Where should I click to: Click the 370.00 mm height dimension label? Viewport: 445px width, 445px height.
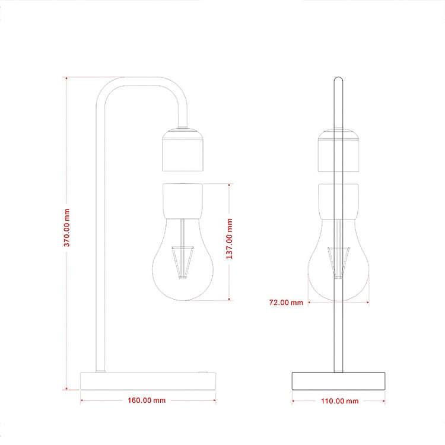(66, 228)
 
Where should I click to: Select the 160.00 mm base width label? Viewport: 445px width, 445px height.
(147, 400)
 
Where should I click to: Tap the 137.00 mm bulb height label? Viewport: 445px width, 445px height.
(229, 239)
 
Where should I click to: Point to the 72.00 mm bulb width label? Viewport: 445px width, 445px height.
(286, 303)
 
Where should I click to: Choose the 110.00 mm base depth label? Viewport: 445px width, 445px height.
(340, 401)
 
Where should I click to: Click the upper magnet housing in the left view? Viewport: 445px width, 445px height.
(183, 150)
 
